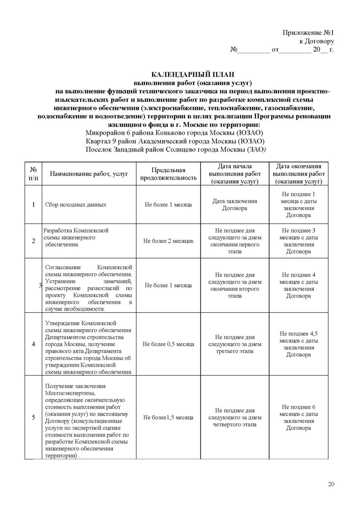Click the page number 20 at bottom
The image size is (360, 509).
click(x=331, y=484)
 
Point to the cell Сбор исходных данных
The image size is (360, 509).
click(x=76, y=204)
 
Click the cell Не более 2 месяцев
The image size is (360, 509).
click(x=168, y=241)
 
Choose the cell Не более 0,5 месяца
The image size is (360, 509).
click(x=168, y=344)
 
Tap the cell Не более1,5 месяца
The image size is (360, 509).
click(x=168, y=418)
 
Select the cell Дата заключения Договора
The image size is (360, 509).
click(x=234, y=204)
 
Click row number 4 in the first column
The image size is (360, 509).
click(x=33, y=344)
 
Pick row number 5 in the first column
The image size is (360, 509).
click(x=33, y=418)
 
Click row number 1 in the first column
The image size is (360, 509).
click(x=33, y=204)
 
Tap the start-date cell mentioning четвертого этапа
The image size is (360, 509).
click(x=234, y=418)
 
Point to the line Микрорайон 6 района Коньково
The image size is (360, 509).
click(x=175, y=132)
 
